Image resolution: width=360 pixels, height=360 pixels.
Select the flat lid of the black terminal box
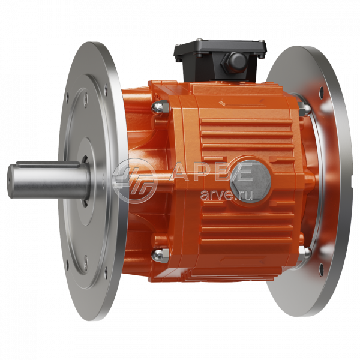coord(220,48)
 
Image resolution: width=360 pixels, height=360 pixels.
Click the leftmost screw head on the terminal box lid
coord(178,59)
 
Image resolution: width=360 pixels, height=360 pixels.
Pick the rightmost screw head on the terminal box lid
coord(262,55)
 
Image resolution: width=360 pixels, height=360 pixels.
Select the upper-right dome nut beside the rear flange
coord(305,109)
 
